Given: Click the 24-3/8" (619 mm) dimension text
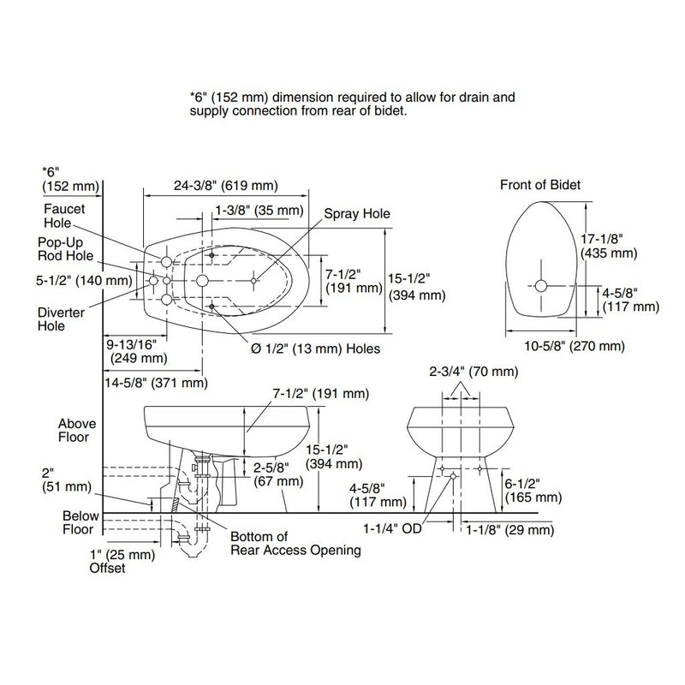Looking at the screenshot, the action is (226, 185).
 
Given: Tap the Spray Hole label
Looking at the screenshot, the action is (357, 213).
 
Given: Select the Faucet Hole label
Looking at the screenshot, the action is (64, 216).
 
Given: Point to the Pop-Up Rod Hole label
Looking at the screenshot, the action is (66, 249).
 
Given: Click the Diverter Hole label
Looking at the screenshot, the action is (61, 319).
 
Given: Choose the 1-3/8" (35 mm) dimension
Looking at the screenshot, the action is (259, 211).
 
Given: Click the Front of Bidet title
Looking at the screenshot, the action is (540, 185).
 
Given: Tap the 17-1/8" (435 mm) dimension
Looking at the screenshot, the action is (609, 246).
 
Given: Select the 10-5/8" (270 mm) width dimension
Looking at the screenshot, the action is (575, 346).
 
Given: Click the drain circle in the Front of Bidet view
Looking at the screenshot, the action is (541, 286).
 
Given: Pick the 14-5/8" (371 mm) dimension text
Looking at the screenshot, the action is (156, 383).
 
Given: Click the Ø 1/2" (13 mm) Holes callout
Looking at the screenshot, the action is (315, 348).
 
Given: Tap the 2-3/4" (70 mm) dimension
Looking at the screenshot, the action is (474, 372).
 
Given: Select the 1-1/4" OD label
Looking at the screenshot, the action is (392, 528).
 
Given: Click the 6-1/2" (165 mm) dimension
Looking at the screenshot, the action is (533, 491).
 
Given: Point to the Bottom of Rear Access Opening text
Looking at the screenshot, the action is (295, 543).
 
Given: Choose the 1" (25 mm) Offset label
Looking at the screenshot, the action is (122, 562).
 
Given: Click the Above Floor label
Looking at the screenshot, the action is (77, 431).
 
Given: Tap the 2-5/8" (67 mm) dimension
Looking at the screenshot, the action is (278, 474).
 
